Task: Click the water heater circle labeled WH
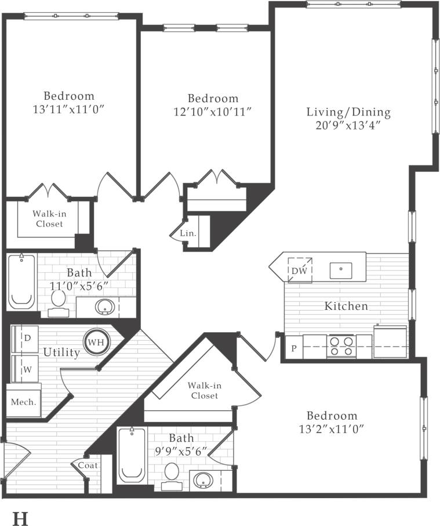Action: click(x=96, y=341)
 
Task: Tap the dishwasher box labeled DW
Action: click(x=300, y=270)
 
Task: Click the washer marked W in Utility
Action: click(x=26, y=368)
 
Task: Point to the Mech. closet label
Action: click(x=24, y=401)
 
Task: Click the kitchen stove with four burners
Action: click(x=341, y=346)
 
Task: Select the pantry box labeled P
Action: click(x=294, y=349)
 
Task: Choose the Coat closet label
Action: click(x=88, y=465)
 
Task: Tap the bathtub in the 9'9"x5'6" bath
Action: click(x=132, y=456)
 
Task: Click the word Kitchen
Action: click(x=346, y=306)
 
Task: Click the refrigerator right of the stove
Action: click(x=390, y=343)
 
